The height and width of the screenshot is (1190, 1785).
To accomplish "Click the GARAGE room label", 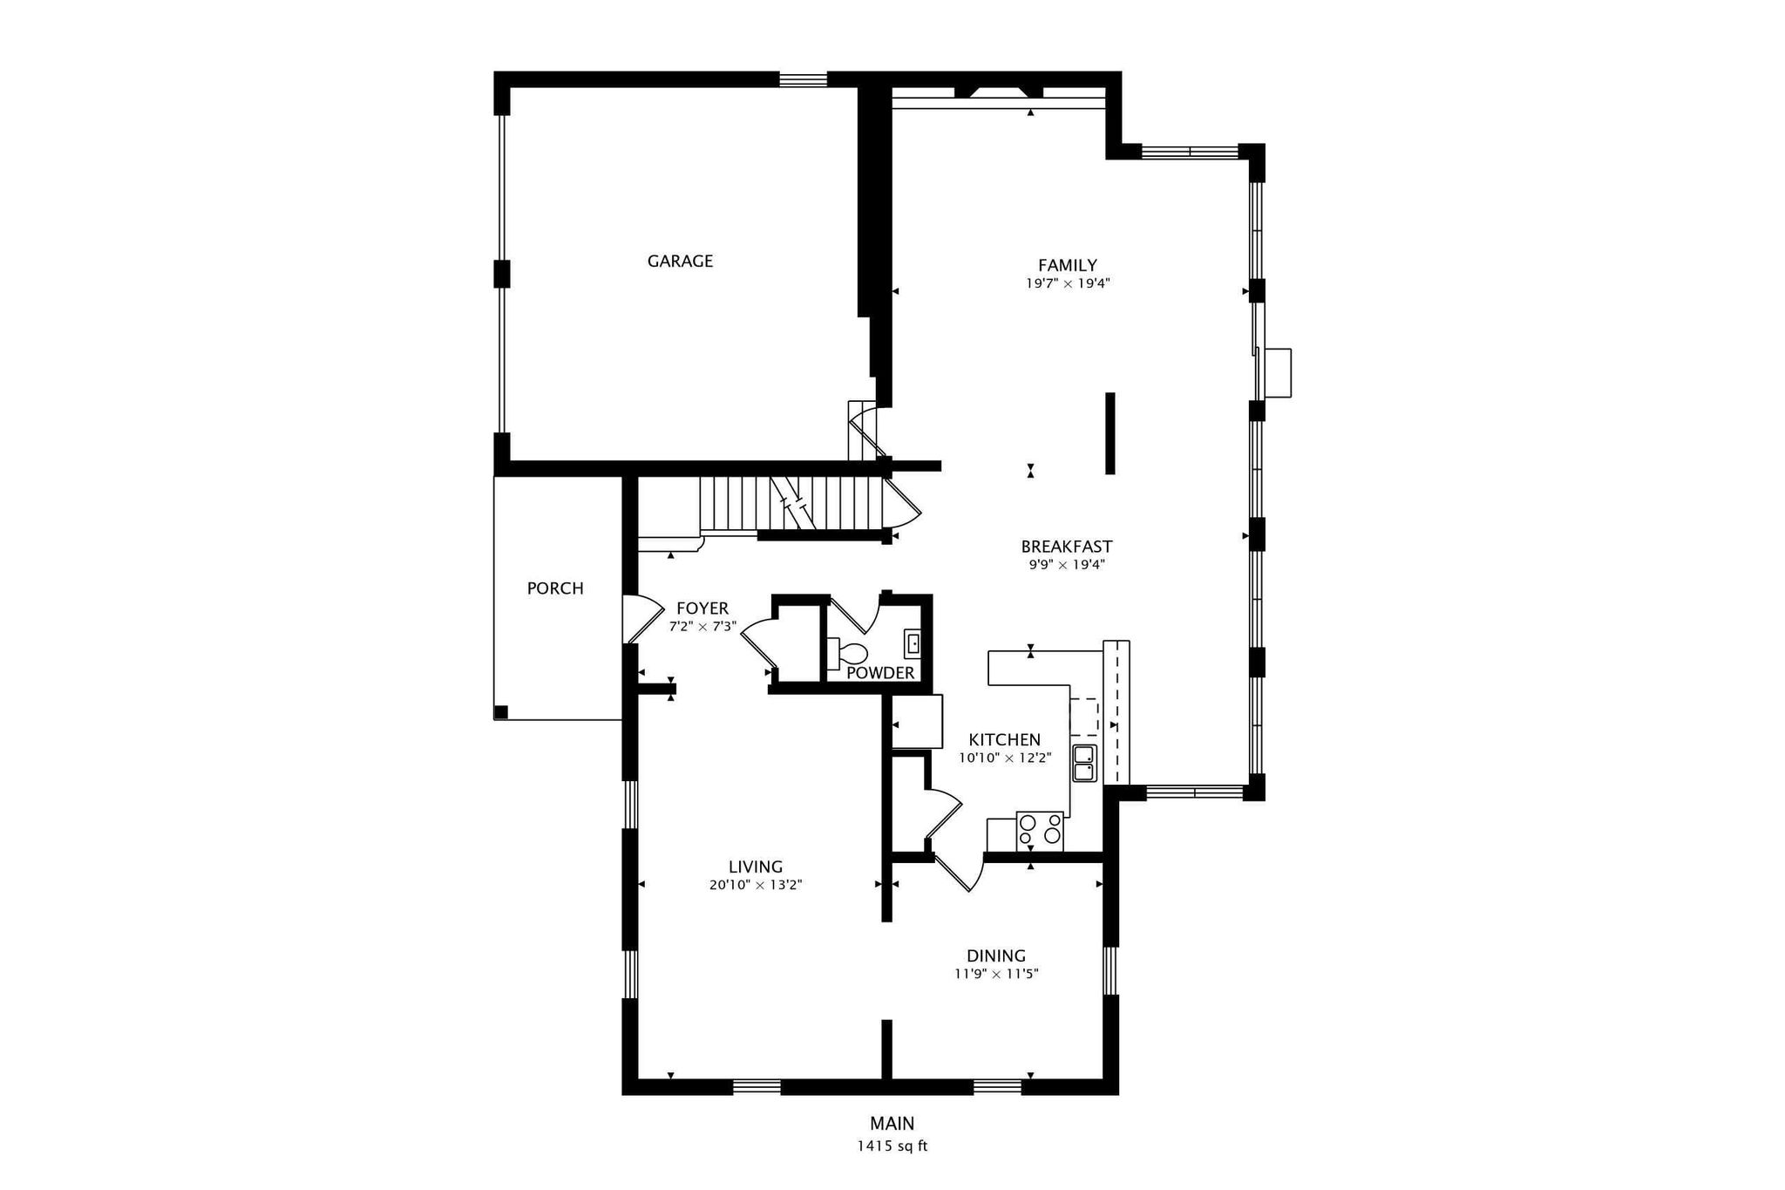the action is coord(680,261).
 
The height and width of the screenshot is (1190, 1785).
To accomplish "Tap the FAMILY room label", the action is coord(1067,265).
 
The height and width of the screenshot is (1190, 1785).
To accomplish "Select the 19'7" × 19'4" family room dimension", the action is coord(1068,283).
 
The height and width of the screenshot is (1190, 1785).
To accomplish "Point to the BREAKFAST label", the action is coord(1067,547).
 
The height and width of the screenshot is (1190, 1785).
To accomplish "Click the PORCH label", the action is coord(555,588).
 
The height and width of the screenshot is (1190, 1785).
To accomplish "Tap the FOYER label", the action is coord(702,609).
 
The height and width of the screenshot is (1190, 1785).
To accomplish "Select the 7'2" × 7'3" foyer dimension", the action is coord(702,626).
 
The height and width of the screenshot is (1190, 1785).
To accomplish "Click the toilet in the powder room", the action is coord(847,653).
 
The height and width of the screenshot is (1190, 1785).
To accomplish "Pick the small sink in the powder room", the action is coord(913,643).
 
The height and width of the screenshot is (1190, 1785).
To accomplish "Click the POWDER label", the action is coord(880,673).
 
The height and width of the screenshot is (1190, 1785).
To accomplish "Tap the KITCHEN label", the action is coord(1004,740).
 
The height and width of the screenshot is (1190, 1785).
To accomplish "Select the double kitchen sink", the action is coord(1084,764).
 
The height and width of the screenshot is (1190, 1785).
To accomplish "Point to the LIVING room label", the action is coord(756,867).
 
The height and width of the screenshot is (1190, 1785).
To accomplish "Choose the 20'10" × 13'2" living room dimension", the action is coord(756,885).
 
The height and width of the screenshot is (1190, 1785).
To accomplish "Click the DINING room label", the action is coord(996,955).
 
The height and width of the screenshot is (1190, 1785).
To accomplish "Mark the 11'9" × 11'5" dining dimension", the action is coord(996,974).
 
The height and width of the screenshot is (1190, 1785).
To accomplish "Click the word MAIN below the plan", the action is coord(892,1124).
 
